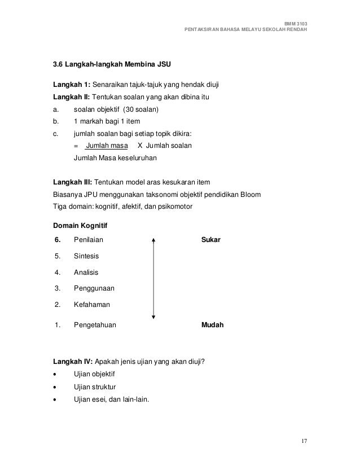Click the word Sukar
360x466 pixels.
(x=211, y=240)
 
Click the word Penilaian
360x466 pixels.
(x=89, y=240)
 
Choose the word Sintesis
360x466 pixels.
(x=87, y=256)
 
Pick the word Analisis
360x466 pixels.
(x=86, y=272)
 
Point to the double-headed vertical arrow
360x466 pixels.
(x=153, y=279)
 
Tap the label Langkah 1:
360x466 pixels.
(x=71, y=85)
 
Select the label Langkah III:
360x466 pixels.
(x=72, y=183)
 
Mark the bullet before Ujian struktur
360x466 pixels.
(x=54, y=389)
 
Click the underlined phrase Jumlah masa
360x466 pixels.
(x=103, y=146)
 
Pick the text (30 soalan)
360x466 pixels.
(x=141, y=109)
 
